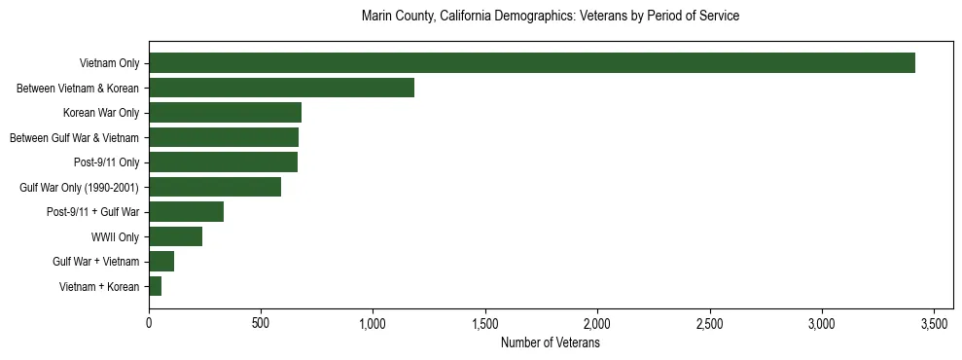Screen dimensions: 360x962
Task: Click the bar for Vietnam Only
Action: (x=532, y=63)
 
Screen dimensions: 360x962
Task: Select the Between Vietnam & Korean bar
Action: (x=282, y=88)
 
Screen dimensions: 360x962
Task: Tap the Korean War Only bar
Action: (x=226, y=113)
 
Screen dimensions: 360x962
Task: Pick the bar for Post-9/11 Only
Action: (x=224, y=162)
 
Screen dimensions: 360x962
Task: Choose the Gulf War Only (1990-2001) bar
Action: (x=215, y=187)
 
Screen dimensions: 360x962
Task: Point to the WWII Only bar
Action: (x=176, y=236)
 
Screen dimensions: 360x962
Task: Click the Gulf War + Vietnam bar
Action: (x=161, y=261)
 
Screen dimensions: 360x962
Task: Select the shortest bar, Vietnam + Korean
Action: (x=156, y=286)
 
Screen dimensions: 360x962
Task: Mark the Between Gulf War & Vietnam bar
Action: (x=224, y=137)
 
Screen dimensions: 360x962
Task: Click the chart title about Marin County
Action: (x=551, y=17)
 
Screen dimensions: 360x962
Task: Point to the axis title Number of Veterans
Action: (x=551, y=343)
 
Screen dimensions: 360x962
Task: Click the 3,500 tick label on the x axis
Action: (x=934, y=323)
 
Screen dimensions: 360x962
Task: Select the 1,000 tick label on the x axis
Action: (x=374, y=323)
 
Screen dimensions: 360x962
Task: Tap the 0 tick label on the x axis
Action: (x=150, y=323)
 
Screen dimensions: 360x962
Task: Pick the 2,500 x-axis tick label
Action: (x=710, y=323)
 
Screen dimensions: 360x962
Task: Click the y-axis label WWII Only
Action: (x=115, y=236)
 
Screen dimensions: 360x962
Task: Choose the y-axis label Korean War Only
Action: (x=101, y=113)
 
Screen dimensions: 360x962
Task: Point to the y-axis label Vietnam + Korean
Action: (x=99, y=286)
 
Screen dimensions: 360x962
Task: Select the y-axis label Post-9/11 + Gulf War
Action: (x=93, y=211)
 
